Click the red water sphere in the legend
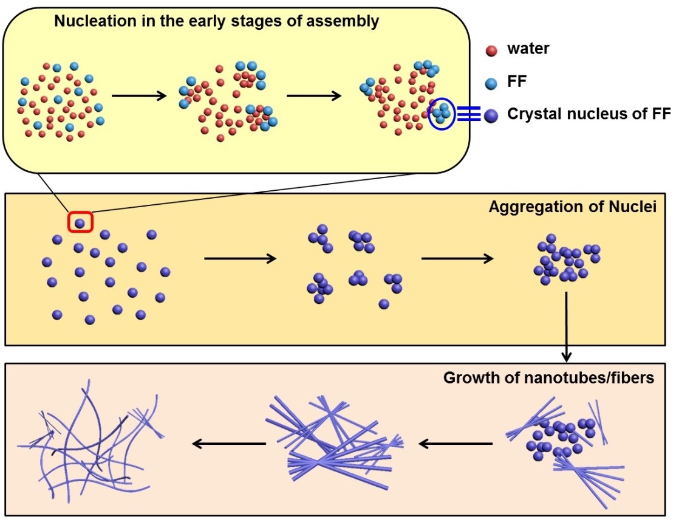(x=492, y=50)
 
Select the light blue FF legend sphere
(x=492, y=82)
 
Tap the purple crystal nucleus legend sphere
(x=492, y=114)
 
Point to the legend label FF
(x=516, y=81)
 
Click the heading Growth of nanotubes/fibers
(x=548, y=378)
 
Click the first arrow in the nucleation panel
(x=139, y=95)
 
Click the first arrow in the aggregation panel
(x=240, y=259)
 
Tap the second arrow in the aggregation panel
(x=457, y=259)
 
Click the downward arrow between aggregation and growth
(x=566, y=326)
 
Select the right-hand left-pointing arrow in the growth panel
(x=456, y=444)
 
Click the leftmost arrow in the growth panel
(x=229, y=444)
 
